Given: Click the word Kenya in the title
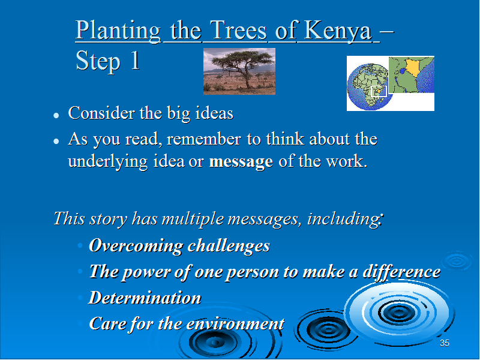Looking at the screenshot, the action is pyautogui.click(x=338, y=31).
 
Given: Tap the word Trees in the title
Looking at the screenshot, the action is pyautogui.click(x=239, y=30).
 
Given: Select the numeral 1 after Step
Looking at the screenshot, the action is pyautogui.click(x=135, y=61).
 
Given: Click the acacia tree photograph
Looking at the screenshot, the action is pyautogui.click(x=239, y=71).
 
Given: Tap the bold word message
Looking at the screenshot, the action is pyautogui.click(x=241, y=161).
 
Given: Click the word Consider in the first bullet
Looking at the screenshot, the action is pyautogui.click(x=102, y=113).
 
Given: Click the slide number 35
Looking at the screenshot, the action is pyautogui.click(x=445, y=343).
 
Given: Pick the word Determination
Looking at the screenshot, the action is pyautogui.click(x=145, y=298).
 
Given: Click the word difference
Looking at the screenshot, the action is pyautogui.click(x=401, y=272).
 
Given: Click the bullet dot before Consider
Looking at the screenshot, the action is pyautogui.click(x=56, y=115).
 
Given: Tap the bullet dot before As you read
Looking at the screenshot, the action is pyautogui.click(x=56, y=141).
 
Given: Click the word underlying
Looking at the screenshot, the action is pyautogui.click(x=108, y=161).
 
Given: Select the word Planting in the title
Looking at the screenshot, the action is pyautogui.click(x=118, y=31).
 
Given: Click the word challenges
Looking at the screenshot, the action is pyautogui.click(x=229, y=245).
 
